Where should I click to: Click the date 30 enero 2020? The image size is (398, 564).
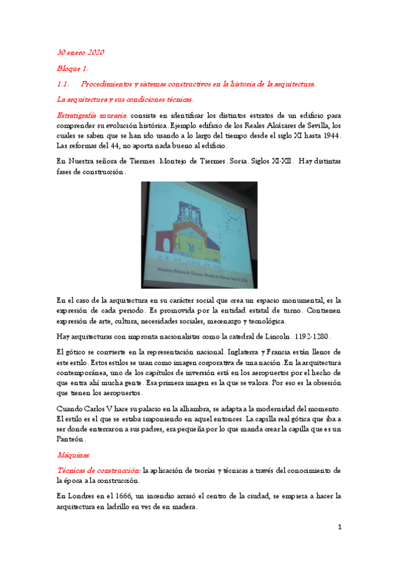point(80,53)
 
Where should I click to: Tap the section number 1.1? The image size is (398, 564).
point(64,84)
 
